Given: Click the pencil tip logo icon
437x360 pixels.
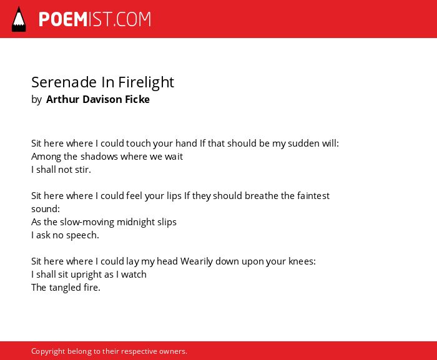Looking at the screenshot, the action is point(19,19).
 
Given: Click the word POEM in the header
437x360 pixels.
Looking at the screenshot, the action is point(63,19).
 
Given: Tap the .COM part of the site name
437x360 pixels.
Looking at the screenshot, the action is point(132,19).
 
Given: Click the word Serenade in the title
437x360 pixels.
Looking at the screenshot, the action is point(64,82).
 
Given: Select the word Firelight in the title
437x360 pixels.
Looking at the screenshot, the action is point(146,82).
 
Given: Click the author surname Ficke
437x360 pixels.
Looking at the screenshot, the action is point(137,99).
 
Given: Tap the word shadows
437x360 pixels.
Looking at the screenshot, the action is point(99,157).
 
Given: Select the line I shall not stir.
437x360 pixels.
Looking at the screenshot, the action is point(61,170).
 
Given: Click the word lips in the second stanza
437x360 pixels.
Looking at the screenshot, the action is point(174,196).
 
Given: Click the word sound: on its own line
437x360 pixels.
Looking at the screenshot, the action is point(46,209).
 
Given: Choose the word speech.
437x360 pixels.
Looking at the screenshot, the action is point(82,235).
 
